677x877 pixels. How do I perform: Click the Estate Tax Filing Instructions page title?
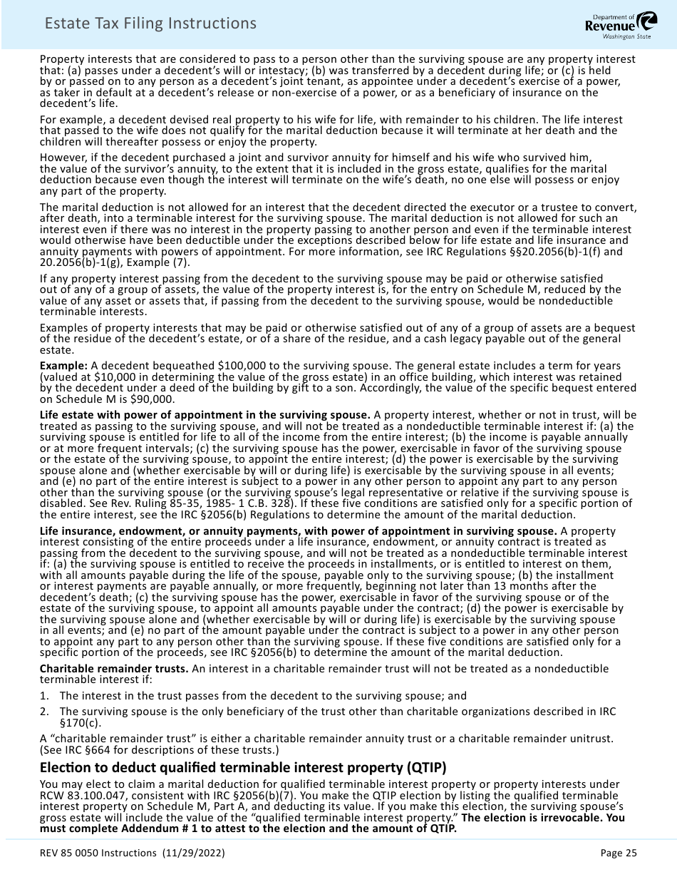150,24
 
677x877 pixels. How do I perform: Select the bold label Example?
63,366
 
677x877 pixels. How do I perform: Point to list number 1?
44,696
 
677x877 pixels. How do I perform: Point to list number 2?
44,712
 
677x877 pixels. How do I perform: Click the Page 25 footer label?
619,853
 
